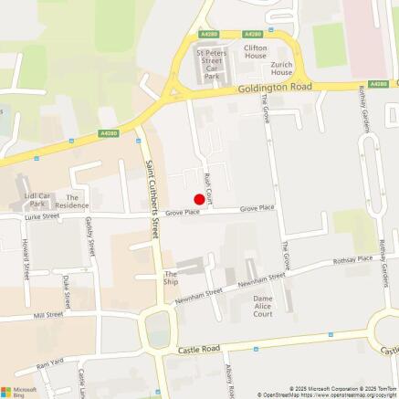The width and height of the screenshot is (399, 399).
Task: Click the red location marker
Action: pyautogui.click(x=198, y=199)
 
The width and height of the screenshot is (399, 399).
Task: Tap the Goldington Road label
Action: pyautogui.click(x=275, y=88)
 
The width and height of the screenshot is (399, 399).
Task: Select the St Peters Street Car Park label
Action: pyautogui.click(x=214, y=66)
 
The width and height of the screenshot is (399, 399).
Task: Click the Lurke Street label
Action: pyautogui.click(x=43, y=217)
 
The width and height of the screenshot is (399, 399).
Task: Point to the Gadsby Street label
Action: pyautogui.click(x=88, y=236)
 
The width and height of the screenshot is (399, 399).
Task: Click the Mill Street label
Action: pyautogui.click(x=47, y=314)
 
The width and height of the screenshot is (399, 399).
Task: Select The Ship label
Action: pyautogui.click(x=171, y=278)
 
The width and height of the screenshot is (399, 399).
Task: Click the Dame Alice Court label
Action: pyautogui.click(x=263, y=306)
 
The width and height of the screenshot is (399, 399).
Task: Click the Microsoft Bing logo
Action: pyautogui.click(x=20, y=390)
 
